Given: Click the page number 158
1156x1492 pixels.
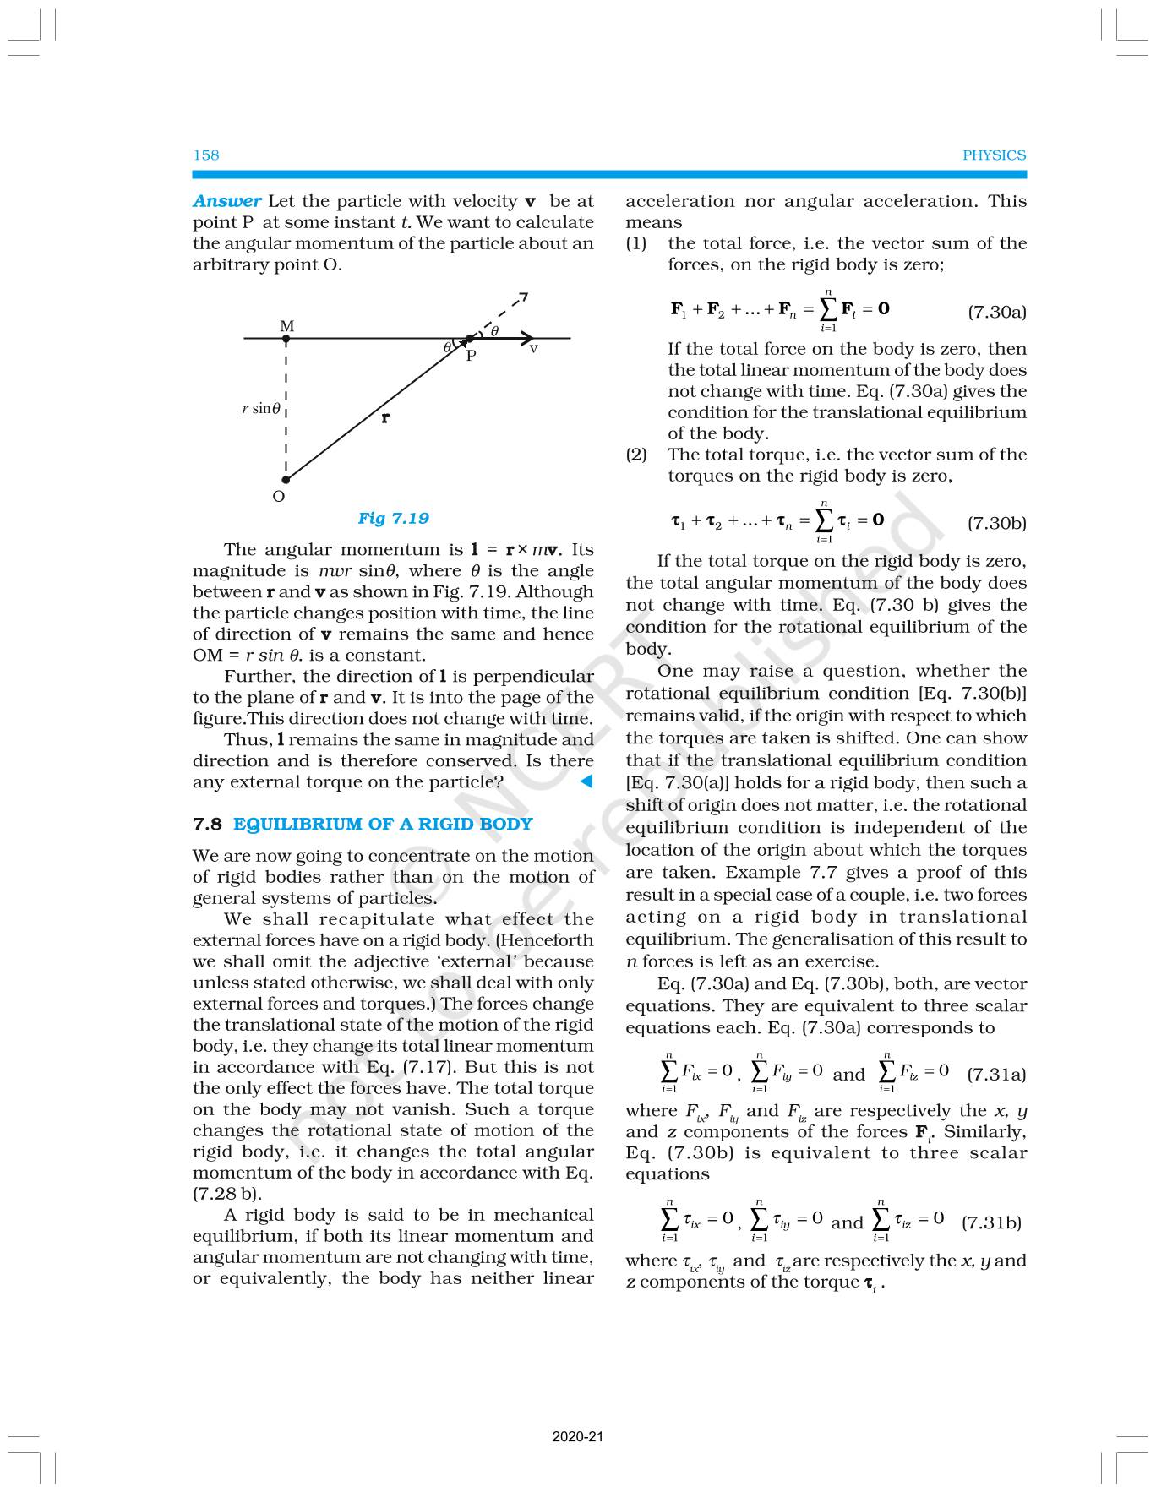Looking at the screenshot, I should click(x=206, y=155).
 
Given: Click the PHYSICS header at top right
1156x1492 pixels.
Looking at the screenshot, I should click(x=994, y=155).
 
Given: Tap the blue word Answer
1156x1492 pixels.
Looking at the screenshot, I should click(x=226, y=202).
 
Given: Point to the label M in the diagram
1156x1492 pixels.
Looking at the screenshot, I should click(x=287, y=326).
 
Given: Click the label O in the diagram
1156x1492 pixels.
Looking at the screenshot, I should click(x=279, y=497).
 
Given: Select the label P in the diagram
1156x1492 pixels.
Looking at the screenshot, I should click(x=472, y=356).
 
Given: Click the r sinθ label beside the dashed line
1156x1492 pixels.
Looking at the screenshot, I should click(x=260, y=409).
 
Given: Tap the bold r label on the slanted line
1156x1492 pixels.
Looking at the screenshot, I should click(x=385, y=417).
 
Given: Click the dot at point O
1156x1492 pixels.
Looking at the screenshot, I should click(x=286, y=480).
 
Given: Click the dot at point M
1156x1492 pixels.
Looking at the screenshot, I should click(x=286, y=339).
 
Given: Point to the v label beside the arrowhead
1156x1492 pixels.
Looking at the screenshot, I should click(x=534, y=348).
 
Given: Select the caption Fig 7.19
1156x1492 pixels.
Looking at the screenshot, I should click(x=393, y=519).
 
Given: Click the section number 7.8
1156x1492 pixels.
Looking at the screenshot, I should click(x=207, y=824).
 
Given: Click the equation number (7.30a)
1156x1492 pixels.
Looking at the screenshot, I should click(x=996, y=312).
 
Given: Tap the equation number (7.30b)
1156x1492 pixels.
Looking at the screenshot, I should click(x=996, y=523).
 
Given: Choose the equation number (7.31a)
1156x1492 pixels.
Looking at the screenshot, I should click(x=996, y=1075).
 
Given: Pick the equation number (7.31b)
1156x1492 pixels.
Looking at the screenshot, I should click(x=991, y=1222).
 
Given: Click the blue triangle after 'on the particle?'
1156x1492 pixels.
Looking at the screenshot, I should click(x=586, y=782).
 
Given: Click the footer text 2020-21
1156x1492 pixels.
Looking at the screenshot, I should click(x=578, y=1437).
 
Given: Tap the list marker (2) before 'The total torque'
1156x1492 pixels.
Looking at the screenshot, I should click(x=636, y=455).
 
